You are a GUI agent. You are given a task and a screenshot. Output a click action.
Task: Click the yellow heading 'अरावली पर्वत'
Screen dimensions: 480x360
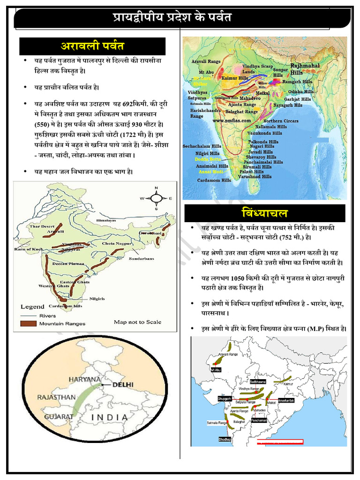point(92,46)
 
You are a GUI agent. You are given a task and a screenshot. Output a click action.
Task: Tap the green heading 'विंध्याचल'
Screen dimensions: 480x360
point(265,213)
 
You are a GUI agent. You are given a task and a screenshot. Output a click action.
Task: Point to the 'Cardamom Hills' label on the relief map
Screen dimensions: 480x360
point(214,180)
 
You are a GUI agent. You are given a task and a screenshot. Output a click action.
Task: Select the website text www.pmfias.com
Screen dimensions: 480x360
point(231,120)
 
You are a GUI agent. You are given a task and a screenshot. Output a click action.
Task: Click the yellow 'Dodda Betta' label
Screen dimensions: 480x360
point(208,159)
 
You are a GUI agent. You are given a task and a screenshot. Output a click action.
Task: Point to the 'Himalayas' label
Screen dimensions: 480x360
point(106,220)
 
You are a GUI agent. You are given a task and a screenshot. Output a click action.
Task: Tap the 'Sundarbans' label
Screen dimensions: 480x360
point(141,258)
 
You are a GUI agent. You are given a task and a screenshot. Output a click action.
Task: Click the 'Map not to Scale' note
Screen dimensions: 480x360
point(137,322)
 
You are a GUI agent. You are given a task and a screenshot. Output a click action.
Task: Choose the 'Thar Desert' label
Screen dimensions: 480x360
point(42,226)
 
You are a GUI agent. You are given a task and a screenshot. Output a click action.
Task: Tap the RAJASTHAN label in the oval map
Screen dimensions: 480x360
point(56,397)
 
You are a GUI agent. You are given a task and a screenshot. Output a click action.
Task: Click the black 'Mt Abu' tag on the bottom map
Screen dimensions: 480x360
point(216,370)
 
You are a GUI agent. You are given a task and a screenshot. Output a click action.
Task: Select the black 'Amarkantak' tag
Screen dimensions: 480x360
point(286,400)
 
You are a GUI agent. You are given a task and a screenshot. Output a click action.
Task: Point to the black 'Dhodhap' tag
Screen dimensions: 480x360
point(225,439)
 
